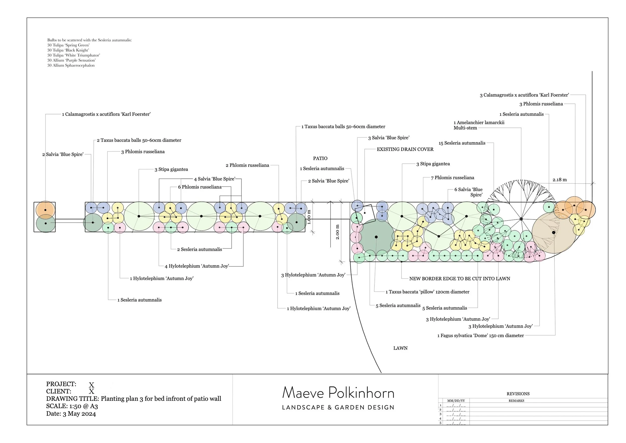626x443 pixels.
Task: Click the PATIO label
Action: [x=320, y=158]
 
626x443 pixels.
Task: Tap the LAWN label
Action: [x=400, y=348]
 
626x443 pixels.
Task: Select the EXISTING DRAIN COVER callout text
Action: [x=405, y=149]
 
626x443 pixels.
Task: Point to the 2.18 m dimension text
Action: [x=559, y=180]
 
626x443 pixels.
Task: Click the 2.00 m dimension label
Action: [x=338, y=232]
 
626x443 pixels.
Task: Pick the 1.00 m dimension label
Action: [x=309, y=217]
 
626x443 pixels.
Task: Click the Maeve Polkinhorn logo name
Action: [x=338, y=393]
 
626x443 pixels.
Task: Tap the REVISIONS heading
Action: [x=518, y=394]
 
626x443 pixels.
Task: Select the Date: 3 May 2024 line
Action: [x=71, y=414]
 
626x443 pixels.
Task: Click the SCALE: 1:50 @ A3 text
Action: [x=72, y=406]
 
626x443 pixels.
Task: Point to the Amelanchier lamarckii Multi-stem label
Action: [x=479, y=125]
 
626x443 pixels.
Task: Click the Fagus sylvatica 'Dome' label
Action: [x=481, y=335]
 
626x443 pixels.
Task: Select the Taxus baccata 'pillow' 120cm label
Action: [x=427, y=292]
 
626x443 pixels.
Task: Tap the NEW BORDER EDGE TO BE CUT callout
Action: [x=459, y=279]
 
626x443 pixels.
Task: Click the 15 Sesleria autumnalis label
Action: [x=462, y=143]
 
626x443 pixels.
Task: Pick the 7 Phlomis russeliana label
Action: [x=452, y=178]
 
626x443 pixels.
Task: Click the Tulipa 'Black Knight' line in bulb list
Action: [x=68, y=50]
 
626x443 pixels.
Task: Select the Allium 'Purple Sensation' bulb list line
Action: [x=71, y=60]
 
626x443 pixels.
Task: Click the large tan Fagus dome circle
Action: [x=553, y=233]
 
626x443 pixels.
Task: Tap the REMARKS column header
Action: [x=516, y=401]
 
